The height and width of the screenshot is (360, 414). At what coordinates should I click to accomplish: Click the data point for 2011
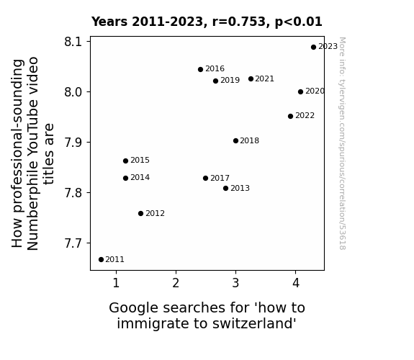[101, 260]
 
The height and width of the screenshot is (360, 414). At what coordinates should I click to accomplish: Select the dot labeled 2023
[313, 48]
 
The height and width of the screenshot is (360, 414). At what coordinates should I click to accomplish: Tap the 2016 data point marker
[200, 69]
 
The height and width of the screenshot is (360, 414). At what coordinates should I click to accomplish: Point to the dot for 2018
[235, 141]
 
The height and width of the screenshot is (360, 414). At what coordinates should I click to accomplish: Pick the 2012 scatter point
[140, 213]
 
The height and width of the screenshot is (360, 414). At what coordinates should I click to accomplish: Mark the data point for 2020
[300, 92]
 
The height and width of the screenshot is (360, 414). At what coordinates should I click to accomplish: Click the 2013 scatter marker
[225, 189]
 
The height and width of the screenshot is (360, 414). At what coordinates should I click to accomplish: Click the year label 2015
[140, 161]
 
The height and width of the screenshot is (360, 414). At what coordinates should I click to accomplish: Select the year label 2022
[305, 116]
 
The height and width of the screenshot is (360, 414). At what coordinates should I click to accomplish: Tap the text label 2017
[220, 179]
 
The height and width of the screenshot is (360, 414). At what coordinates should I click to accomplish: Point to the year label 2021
[264, 79]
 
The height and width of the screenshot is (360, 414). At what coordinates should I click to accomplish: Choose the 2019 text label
[230, 81]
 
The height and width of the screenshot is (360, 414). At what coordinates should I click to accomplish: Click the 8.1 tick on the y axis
[73, 42]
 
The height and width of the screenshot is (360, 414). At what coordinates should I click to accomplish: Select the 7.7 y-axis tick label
[73, 243]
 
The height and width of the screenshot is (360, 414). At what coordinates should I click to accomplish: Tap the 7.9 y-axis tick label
[73, 143]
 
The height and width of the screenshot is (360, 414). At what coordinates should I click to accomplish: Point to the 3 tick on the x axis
[235, 283]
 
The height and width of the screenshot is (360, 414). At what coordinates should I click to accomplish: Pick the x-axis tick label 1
[116, 283]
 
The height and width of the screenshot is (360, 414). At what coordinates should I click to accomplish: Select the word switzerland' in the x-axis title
[255, 323]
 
